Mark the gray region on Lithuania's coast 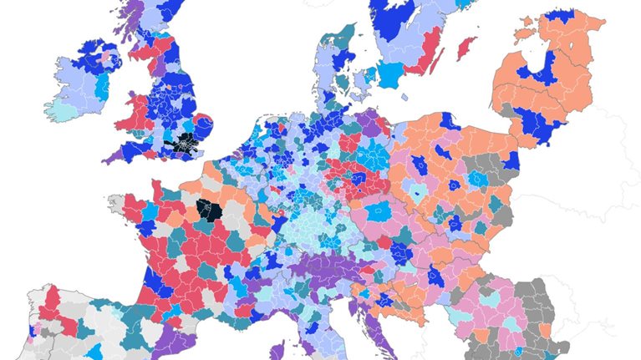coord(506,109)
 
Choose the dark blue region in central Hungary coord(435,276)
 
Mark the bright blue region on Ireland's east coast coord(103,87)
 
